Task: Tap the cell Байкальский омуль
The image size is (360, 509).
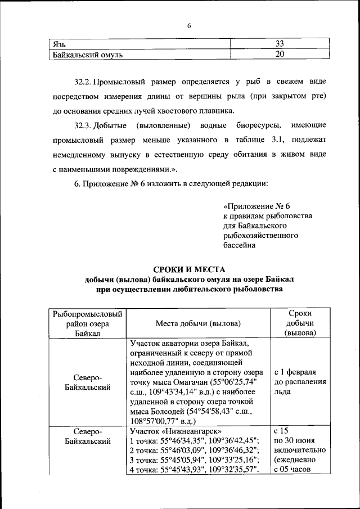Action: [x=87, y=55]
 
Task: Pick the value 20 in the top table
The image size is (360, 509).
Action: [x=280, y=55]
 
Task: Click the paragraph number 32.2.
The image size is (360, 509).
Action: [x=83, y=82]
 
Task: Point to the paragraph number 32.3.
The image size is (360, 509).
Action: [x=83, y=124]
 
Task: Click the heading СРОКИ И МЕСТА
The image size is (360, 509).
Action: [x=189, y=268]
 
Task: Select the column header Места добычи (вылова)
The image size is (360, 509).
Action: [x=198, y=323]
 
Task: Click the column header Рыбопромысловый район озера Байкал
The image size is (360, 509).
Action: [x=87, y=323]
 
